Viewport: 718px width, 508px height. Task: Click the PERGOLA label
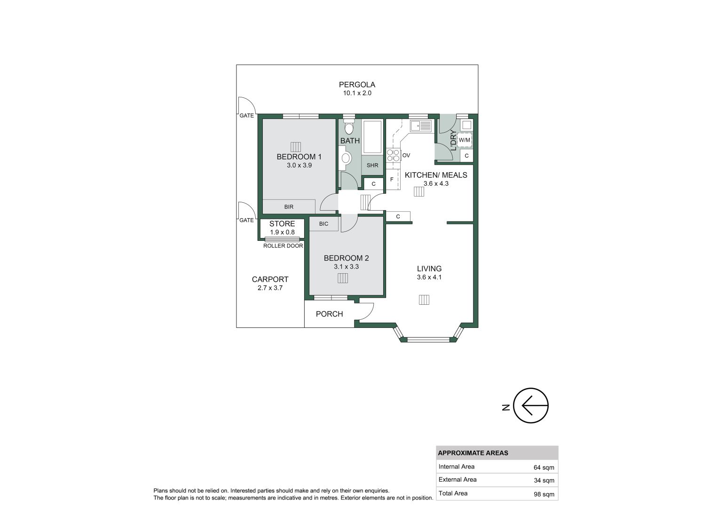(357, 85)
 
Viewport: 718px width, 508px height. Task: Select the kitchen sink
(420, 126)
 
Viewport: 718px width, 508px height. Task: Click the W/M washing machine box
(464, 140)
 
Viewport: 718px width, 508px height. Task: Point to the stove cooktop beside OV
(393, 155)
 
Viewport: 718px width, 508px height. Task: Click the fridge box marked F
(392, 179)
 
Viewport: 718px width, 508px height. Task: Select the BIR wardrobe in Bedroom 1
(289, 206)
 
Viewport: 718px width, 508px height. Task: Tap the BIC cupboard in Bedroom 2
(323, 224)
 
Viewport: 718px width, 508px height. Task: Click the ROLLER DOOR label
(283, 246)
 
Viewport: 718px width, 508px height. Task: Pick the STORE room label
(282, 224)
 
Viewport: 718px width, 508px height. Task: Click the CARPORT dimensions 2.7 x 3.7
(270, 288)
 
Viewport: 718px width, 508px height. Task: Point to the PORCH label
(329, 314)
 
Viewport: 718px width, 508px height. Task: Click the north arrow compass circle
(531, 405)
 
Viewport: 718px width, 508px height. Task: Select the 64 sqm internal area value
(544, 468)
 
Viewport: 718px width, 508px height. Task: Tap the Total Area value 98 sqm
(544, 494)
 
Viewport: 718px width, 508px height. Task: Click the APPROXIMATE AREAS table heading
(473, 453)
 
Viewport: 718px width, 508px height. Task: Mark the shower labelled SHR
(372, 165)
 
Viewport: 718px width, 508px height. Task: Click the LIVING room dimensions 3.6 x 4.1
(429, 277)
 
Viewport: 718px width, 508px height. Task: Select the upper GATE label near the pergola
(246, 116)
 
